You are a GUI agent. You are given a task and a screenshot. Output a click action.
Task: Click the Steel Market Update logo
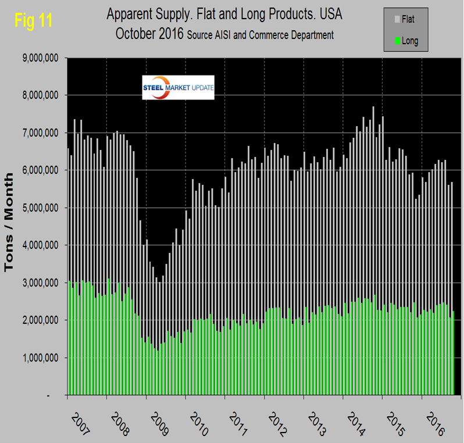178,87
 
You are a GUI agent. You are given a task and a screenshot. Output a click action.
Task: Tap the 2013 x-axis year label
317,421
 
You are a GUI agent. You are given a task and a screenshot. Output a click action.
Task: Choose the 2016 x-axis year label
436,421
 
